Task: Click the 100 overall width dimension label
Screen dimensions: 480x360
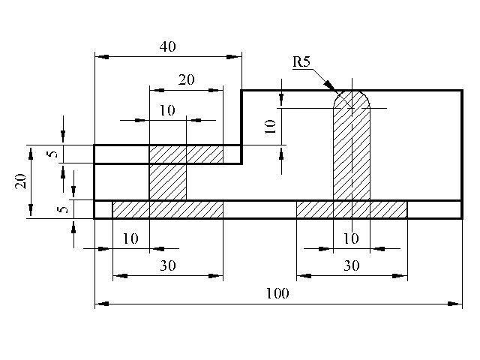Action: [277, 293]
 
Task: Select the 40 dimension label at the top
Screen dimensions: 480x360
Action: [168, 46]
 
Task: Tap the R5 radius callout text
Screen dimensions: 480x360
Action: [301, 61]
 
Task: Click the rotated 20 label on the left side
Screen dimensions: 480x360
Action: [20, 181]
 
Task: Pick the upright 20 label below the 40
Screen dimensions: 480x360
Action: [186, 79]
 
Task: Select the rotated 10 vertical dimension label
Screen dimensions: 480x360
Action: [270, 127]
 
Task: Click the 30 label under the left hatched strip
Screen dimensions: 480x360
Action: [168, 265]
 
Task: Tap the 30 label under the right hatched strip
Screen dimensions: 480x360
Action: [352, 265]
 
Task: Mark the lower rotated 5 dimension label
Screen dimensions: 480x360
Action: [63, 209]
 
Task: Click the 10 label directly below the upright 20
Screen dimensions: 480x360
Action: [167, 110]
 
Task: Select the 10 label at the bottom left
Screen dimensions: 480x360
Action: [130, 238]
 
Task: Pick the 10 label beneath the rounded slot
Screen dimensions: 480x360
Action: [351, 238]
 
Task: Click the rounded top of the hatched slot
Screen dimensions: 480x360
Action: [352, 91]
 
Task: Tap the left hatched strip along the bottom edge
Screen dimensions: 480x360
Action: [168, 209]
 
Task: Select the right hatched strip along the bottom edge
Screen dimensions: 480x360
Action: [352, 209]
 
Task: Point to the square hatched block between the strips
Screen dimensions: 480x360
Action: [168, 181]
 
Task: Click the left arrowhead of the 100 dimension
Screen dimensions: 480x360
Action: [102, 304]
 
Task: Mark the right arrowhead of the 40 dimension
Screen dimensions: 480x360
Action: [234, 57]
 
